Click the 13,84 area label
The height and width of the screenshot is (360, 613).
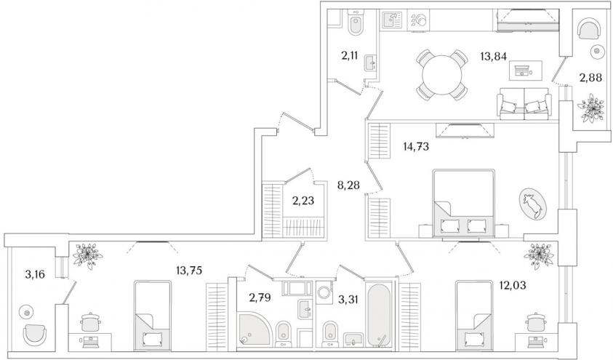point(493,57)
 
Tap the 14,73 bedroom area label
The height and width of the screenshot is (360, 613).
point(416,147)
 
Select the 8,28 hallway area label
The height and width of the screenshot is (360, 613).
point(348,185)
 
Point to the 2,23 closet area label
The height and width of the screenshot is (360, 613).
point(303,201)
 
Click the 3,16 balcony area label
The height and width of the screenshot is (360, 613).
point(35,274)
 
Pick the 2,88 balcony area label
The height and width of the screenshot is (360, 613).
point(590,78)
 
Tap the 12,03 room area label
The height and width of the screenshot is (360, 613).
point(513,285)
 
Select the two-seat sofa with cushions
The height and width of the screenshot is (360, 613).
point(524,103)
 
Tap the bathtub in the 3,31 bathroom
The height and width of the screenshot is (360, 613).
point(378,314)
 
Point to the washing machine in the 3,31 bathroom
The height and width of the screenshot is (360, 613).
point(324,292)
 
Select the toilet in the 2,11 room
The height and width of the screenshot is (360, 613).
point(356,23)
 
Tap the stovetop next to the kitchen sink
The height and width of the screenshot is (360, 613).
point(419,19)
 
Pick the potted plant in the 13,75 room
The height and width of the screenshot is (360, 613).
point(88,255)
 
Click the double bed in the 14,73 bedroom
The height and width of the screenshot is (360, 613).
point(464,203)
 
